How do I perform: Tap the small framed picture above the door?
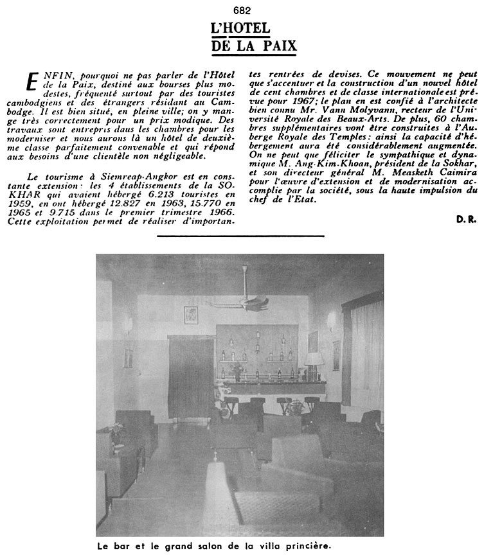[190, 315]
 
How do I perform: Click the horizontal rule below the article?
[241, 236]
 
